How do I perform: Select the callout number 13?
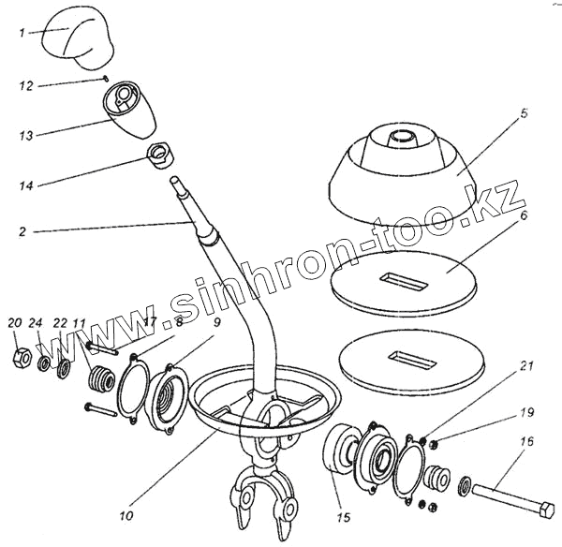[x=25, y=136]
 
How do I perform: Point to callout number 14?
[x=25, y=186]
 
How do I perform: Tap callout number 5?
[x=525, y=113]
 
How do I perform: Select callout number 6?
[x=525, y=214]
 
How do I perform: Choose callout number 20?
[x=14, y=323]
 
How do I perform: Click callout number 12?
[x=25, y=85]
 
